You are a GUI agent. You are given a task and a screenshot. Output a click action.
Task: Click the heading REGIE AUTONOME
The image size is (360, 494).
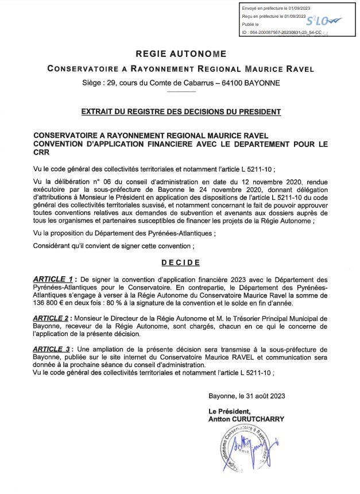click(x=180, y=55)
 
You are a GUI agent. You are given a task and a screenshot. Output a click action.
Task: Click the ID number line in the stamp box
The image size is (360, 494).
click(x=280, y=33)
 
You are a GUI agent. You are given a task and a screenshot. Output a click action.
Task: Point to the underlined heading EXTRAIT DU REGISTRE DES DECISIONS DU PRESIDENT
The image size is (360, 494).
click(x=180, y=111)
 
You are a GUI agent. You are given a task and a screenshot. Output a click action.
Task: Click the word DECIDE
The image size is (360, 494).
click(x=180, y=263)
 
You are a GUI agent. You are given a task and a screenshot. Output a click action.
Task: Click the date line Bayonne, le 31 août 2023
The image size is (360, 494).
click(x=247, y=395)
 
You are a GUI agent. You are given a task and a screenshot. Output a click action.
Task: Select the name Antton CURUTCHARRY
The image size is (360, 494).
click(x=246, y=419)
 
